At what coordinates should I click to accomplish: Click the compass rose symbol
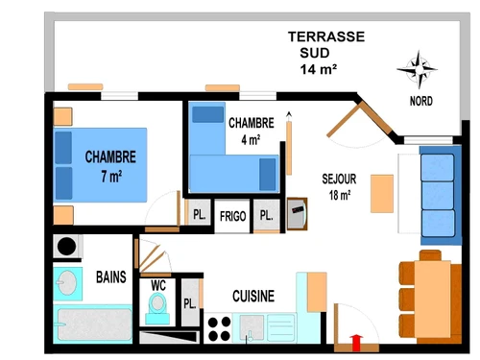(x=419, y=69)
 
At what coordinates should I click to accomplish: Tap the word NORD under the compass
(x=420, y=101)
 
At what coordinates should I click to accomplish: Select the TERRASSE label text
(x=326, y=37)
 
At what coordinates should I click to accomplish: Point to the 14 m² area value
(x=324, y=70)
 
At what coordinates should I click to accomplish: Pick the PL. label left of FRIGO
(x=199, y=215)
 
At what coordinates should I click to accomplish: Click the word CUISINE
(x=253, y=297)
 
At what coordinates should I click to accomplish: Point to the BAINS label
(x=110, y=277)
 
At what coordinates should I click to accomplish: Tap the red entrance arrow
(x=357, y=339)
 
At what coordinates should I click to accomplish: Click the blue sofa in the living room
(x=438, y=196)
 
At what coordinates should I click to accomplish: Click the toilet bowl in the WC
(x=156, y=306)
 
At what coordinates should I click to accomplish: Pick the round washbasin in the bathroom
(x=67, y=283)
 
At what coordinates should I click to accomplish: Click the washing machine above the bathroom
(x=67, y=246)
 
